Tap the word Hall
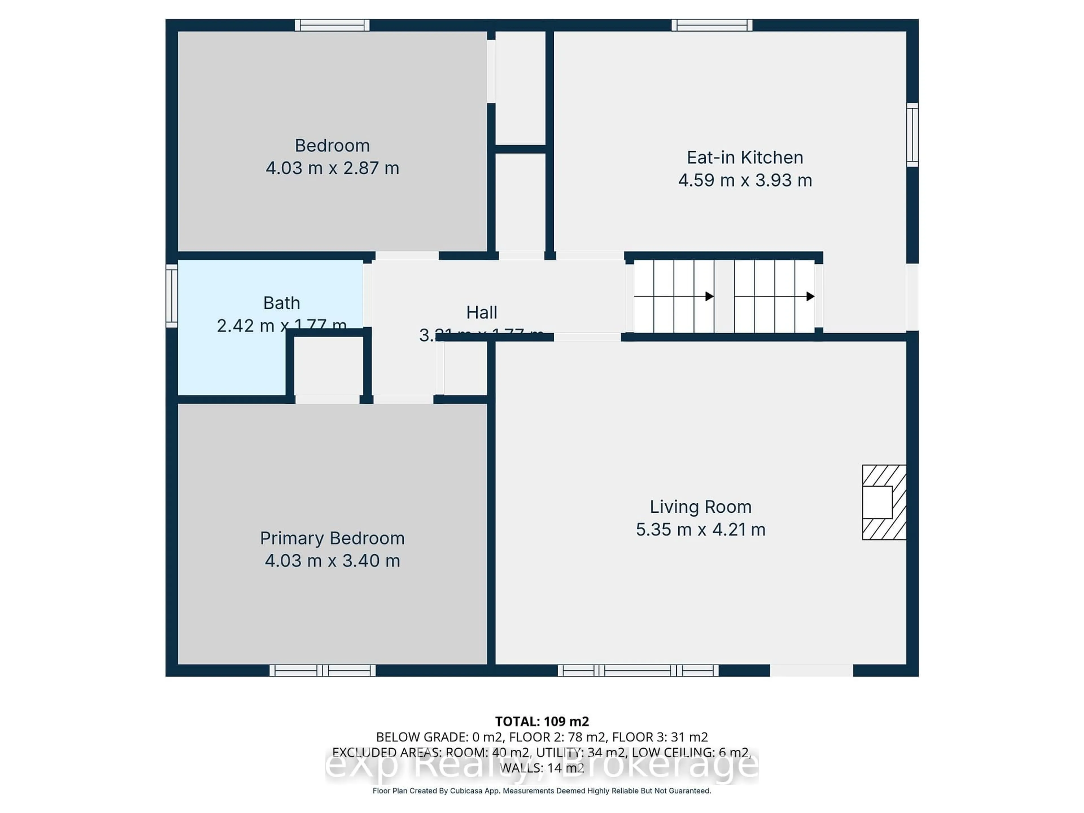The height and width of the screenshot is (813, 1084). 481,312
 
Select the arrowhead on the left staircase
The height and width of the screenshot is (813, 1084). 709,296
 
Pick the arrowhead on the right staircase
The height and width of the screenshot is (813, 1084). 810,296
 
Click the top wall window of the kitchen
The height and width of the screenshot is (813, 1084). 712,25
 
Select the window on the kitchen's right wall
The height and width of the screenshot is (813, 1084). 912,135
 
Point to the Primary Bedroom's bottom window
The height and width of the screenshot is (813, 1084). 322,670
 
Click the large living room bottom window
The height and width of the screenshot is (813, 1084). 638,670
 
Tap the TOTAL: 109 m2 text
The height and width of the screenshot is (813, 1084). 541,721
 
